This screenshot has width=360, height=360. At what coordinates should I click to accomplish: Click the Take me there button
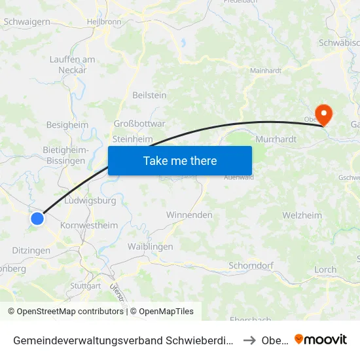(180, 160)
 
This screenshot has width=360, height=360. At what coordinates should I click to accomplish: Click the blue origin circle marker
(37, 219)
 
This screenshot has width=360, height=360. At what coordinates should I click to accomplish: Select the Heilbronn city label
(103, 22)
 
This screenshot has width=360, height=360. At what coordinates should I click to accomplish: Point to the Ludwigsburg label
(91, 200)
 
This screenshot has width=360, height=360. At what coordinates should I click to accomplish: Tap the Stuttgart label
(85, 286)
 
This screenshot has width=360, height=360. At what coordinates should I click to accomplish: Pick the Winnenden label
(189, 215)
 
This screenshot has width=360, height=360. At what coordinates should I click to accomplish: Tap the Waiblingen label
(150, 246)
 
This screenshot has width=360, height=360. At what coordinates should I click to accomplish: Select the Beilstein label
(149, 95)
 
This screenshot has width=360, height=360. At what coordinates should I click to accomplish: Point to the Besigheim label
(67, 124)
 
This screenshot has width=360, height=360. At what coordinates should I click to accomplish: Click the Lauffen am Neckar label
(72, 64)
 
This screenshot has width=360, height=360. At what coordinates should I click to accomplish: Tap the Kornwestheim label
(88, 225)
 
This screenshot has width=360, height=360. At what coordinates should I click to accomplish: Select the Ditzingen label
(31, 251)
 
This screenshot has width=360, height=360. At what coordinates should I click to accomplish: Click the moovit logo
(321, 340)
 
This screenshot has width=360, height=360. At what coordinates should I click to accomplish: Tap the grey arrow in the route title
(249, 340)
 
